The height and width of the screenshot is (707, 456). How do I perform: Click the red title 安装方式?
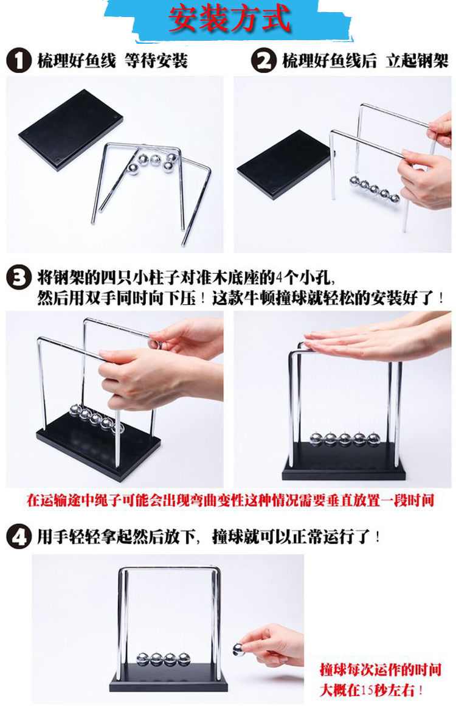(x=229, y=20)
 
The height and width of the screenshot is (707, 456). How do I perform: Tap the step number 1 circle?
(x=18, y=61)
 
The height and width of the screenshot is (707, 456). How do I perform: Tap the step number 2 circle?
(x=264, y=61)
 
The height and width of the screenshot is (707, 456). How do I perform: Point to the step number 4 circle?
(x=18, y=537)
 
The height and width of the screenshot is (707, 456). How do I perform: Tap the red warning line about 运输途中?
(x=230, y=501)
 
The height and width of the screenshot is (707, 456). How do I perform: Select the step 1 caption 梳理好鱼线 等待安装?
(x=112, y=61)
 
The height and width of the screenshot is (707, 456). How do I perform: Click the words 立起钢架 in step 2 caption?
(x=416, y=61)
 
